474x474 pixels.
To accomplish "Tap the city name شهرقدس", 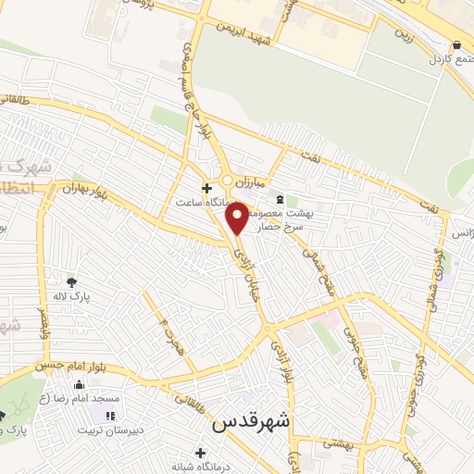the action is coord(251,421).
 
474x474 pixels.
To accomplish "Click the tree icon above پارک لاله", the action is coord(73,281).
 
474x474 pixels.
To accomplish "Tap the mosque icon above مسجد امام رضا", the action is coord(79,384).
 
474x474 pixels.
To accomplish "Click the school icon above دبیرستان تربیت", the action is coord(110,417).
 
